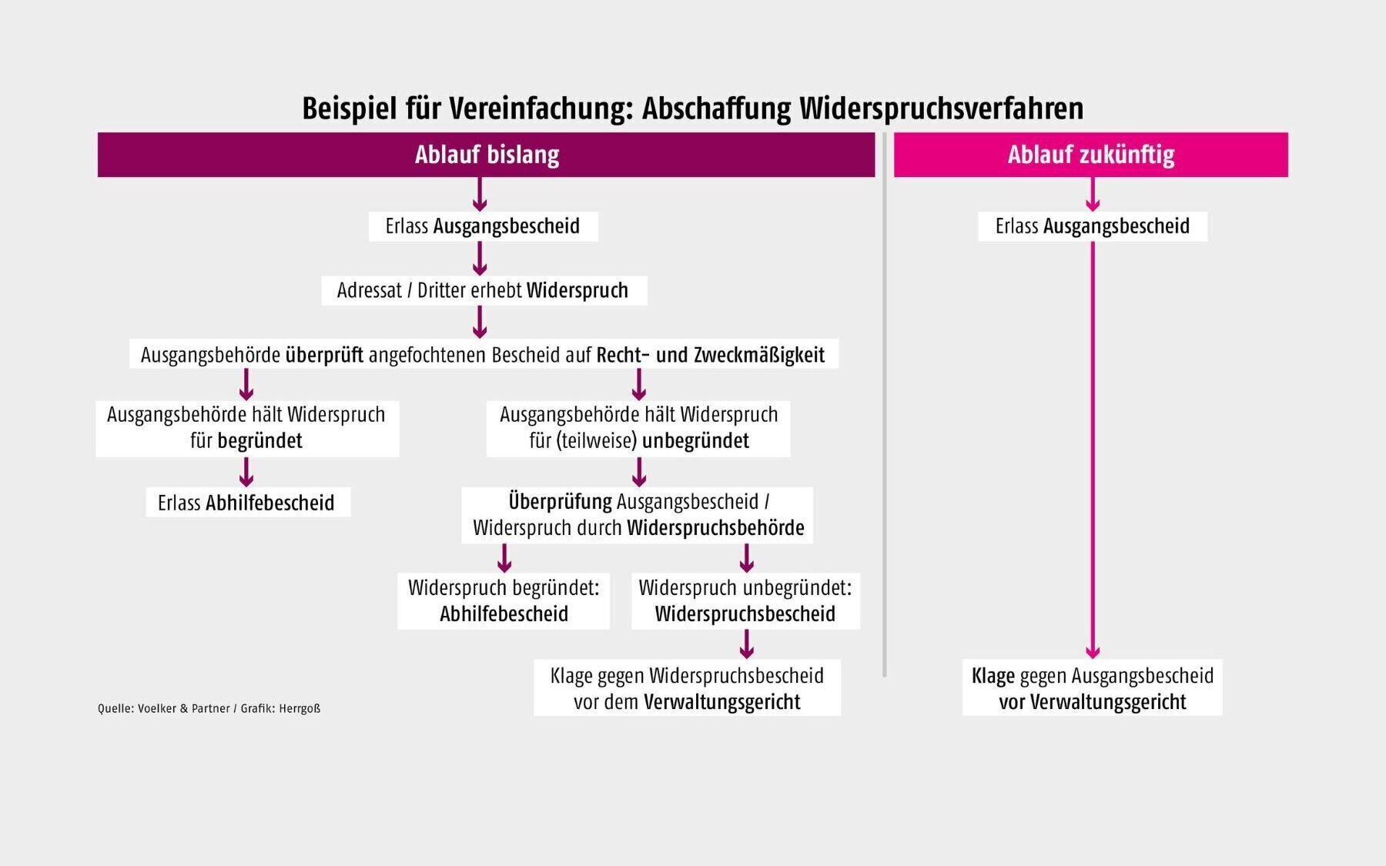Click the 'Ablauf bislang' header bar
(486, 155)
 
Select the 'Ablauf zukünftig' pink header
(1090, 155)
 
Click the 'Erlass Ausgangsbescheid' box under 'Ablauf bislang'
(483, 226)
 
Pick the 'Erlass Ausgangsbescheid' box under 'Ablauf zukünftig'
(1093, 226)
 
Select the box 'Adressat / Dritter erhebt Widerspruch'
(484, 290)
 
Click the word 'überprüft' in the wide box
(324, 355)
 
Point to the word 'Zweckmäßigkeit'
(759, 355)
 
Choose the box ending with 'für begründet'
(247, 428)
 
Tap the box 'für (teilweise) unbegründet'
(638, 428)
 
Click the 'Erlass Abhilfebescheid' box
(248, 502)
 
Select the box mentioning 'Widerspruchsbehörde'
(638, 515)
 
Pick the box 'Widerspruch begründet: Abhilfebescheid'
(504, 600)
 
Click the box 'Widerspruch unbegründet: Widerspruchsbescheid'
(745, 600)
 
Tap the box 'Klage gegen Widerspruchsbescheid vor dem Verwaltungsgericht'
(687, 688)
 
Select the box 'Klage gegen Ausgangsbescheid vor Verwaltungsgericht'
(1093, 688)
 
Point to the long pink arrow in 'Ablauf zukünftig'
(1093, 450)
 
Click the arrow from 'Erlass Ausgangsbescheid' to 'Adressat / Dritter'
(480, 259)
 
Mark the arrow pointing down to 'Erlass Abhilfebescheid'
(246, 472)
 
